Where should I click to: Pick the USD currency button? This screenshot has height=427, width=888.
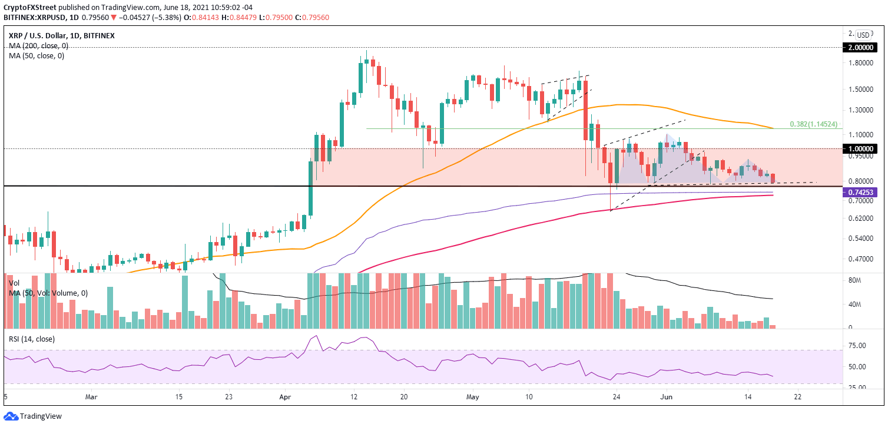(x=864, y=35)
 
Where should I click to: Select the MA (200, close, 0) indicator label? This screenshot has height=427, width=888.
(x=38, y=45)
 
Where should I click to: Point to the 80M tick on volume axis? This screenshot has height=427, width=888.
(x=855, y=281)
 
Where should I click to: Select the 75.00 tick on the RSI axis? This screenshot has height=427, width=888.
(x=857, y=346)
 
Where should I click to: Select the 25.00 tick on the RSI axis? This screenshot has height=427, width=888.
(x=857, y=388)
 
